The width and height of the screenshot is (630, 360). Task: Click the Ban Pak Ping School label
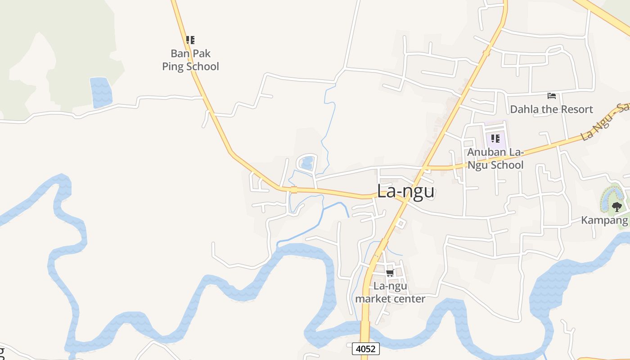pos(190,60)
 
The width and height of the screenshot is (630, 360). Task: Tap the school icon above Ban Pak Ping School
pos(190,40)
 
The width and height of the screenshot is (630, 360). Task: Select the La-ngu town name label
pos(405,191)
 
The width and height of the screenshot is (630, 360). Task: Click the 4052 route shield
pos(365,349)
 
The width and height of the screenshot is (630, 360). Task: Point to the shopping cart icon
pos(390,273)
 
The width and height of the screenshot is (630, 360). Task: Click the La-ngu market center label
pos(390,292)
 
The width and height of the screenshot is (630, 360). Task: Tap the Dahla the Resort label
pos(551,109)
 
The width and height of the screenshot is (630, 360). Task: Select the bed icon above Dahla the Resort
pos(552,95)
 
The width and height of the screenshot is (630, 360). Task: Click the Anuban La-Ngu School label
pos(495,158)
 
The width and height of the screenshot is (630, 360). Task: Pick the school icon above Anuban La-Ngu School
pos(495,138)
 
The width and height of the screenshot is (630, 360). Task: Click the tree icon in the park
pos(616,207)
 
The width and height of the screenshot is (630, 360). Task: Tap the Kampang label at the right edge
pos(604,220)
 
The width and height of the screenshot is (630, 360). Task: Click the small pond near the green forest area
pos(101,92)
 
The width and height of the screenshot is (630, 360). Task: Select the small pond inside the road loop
pos(307,162)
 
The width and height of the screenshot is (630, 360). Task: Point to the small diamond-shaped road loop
pos(401,223)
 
